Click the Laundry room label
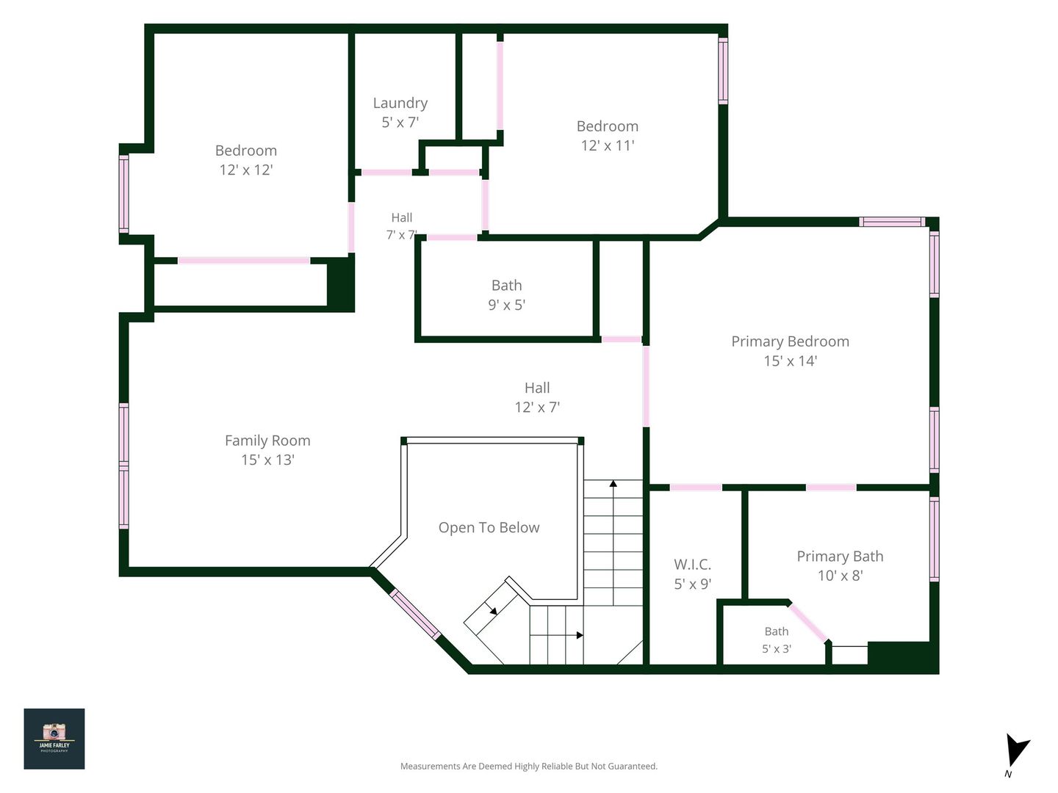(x=400, y=103)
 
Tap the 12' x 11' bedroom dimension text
(x=608, y=145)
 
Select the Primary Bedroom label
(x=790, y=341)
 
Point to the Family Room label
(x=267, y=441)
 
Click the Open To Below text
(x=489, y=527)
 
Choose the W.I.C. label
(x=692, y=564)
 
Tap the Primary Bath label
(x=840, y=556)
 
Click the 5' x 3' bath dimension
(x=776, y=648)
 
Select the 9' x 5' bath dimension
(x=506, y=305)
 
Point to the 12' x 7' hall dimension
(x=537, y=408)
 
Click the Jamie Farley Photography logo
(x=54, y=739)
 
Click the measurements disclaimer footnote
(x=529, y=766)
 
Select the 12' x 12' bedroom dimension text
(x=246, y=170)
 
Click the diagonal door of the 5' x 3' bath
(x=808, y=623)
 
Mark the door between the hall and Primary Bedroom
(x=646, y=386)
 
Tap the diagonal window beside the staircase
(x=415, y=615)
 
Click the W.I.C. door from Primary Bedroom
(x=696, y=488)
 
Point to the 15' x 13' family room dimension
(x=267, y=460)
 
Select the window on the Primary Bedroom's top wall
(x=892, y=222)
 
